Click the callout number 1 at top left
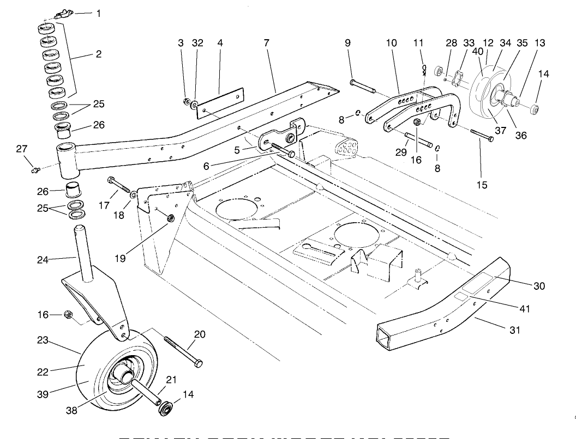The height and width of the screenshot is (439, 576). (x=98, y=13)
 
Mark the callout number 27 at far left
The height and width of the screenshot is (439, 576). (x=21, y=149)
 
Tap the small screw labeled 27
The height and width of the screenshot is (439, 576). (x=35, y=170)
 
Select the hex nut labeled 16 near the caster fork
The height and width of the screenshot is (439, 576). (x=69, y=314)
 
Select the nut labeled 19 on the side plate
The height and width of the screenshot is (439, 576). (x=170, y=218)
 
